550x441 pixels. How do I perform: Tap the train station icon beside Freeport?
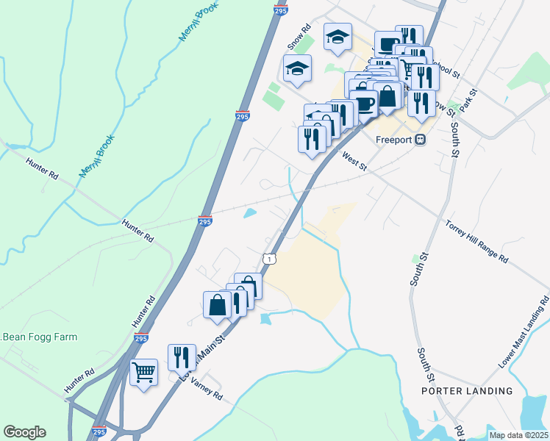[420, 139]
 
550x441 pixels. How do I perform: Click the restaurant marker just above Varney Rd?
[182, 357]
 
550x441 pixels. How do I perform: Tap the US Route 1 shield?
[271, 259]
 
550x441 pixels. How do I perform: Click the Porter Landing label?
[467, 391]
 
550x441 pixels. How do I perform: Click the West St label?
[354, 160]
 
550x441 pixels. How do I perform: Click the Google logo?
[24, 432]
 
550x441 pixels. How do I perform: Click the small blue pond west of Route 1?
[250, 213]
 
